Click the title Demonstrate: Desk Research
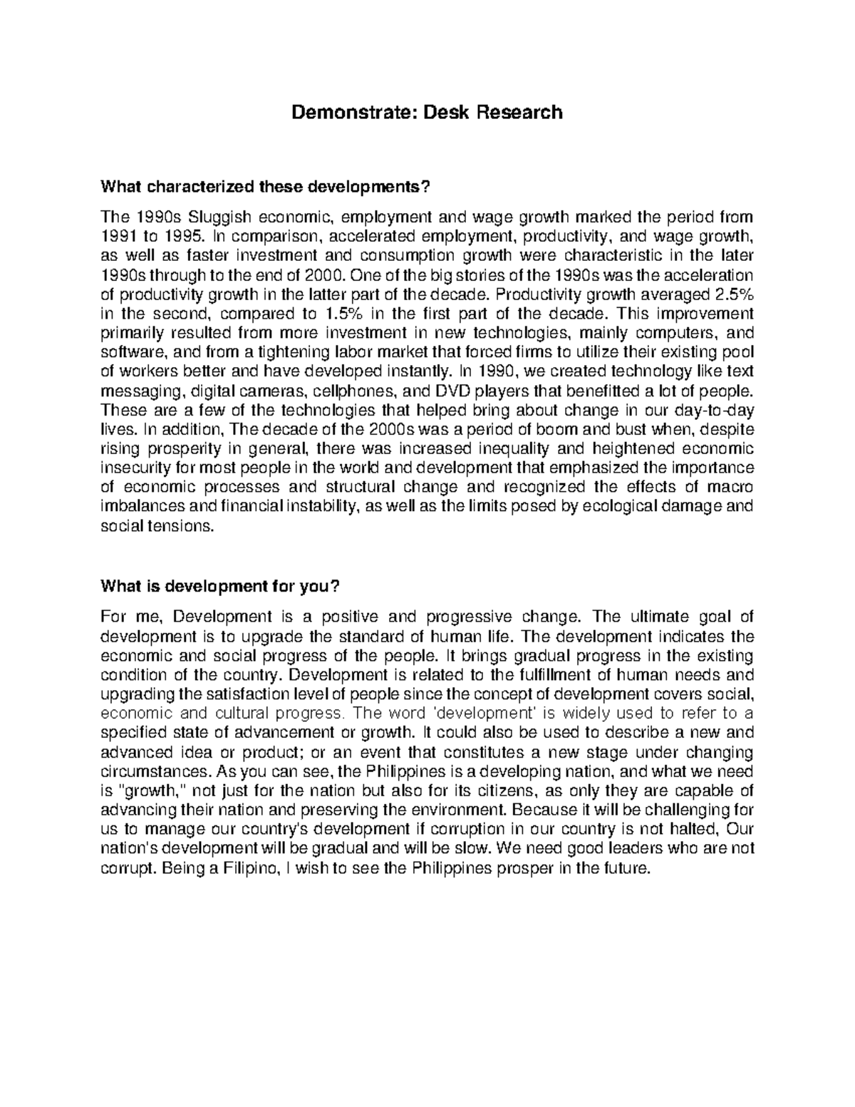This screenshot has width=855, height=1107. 427,112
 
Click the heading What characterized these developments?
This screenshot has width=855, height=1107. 266,187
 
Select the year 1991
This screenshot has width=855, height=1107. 118,236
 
